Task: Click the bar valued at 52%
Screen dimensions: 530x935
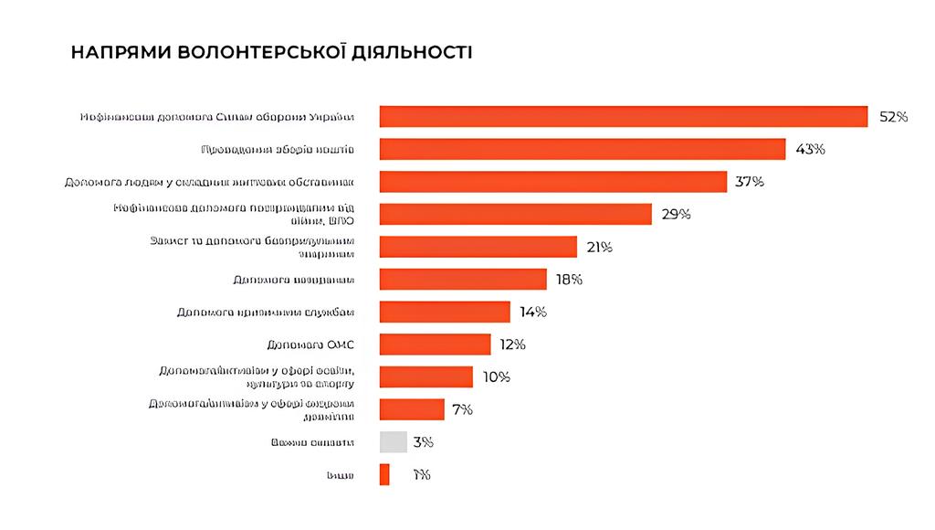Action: click(623, 117)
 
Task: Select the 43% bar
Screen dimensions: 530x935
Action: click(582, 149)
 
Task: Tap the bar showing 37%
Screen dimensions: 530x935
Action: click(552, 182)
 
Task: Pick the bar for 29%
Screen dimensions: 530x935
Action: click(515, 214)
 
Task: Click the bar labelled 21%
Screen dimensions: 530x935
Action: click(478, 247)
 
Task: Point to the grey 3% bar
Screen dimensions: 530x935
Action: click(393, 442)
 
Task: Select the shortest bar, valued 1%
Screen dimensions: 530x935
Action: click(384, 474)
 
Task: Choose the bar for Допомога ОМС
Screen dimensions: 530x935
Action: click(435, 344)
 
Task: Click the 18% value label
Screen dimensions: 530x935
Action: click(569, 280)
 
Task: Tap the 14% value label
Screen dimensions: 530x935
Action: click(532, 313)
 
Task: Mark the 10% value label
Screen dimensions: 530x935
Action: click(496, 377)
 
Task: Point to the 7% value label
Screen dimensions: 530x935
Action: click(462, 409)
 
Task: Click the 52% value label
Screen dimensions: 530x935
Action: click(893, 117)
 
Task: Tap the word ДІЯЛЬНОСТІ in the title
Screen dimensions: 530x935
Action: click(415, 52)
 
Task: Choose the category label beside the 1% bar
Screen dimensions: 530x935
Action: click(341, 475)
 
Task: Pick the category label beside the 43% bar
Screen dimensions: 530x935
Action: click(277, 149)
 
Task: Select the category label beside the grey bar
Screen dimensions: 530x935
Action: click(312, 442)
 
